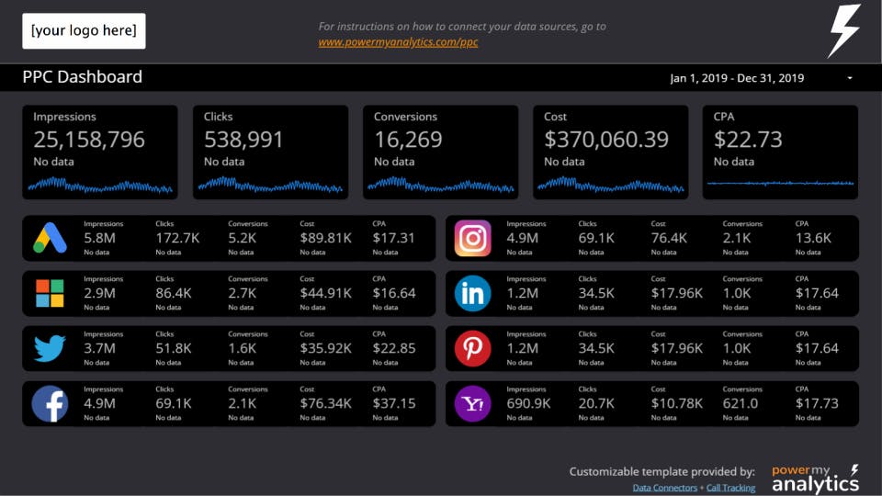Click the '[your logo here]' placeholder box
[x=84, y=31]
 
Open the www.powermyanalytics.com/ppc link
[x=398, y=42]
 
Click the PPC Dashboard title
[x=82, y=77]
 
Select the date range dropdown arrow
[x=850, y=78]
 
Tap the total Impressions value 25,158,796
[x=89, y=140]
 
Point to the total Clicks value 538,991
[x=243, y=140]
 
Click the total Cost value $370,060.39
[x=606, y=140]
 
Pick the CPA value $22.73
[x=748, y=140]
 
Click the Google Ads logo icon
[x=50, y=238]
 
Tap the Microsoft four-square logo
[x=50, y=293]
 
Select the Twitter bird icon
[x=50, y=348]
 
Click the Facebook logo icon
[x=50, y=403]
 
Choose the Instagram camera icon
[x=472, y=238]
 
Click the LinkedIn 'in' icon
[x=472, y=293]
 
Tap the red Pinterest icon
[x=472, y=348]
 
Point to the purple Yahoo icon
[x=472, y=403]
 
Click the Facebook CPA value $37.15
[x=394, y=403]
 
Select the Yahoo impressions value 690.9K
[x=528, y=403]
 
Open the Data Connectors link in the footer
[x=665, y=488]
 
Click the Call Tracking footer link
[x=730, y=488]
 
